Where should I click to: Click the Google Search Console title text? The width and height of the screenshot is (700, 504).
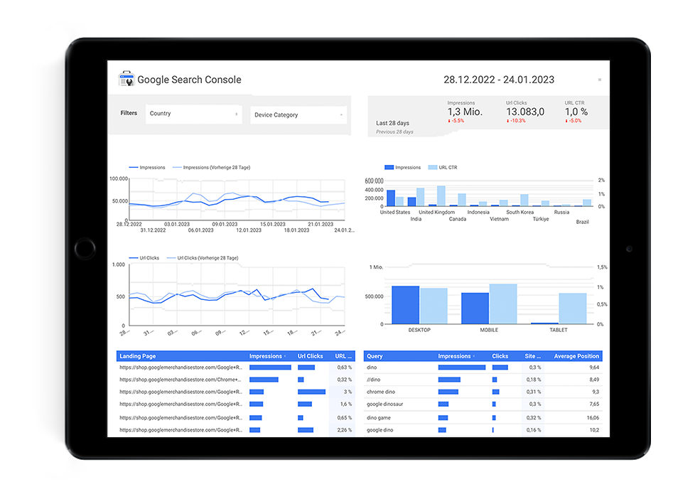click(x=189, y=80)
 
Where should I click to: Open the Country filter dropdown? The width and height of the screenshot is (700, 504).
click(x=193, y=114)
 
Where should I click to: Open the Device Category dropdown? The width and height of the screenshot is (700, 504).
click(x=298, y=115)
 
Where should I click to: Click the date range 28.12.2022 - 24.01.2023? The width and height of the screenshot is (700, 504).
click(x=498, y=80)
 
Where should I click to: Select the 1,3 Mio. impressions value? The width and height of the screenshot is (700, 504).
click(x=465, y=112)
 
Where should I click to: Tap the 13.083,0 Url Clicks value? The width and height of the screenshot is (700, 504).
click(x=525, y=112)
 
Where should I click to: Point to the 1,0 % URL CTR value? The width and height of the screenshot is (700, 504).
click(x=576, y=112)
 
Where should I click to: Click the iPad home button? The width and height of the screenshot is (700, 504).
click(x=85, y=249)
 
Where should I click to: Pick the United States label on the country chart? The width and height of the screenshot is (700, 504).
click(x=395, y=212)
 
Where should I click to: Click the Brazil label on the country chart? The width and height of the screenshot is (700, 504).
click(x=582, y=222)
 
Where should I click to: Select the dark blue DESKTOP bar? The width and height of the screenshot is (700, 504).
click(x=405, y=305)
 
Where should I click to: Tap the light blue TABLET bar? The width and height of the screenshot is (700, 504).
click(x=573, y=309)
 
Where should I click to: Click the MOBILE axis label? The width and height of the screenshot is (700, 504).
click(x=488, y=330)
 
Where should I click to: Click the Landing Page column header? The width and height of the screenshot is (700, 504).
click(x=138, y=356)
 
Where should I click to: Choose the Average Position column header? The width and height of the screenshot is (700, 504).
click(x=576, y=356)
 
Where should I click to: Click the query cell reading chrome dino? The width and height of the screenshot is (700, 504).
click(x=381, y=392)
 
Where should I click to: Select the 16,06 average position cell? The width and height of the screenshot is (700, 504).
click(x=593, y=418)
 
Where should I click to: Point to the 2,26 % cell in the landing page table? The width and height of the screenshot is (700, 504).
click(x=344, y=430)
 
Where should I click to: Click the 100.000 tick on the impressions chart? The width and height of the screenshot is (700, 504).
click(x=118, y=179)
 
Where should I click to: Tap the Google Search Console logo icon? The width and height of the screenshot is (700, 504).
click(x=126, y=79)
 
